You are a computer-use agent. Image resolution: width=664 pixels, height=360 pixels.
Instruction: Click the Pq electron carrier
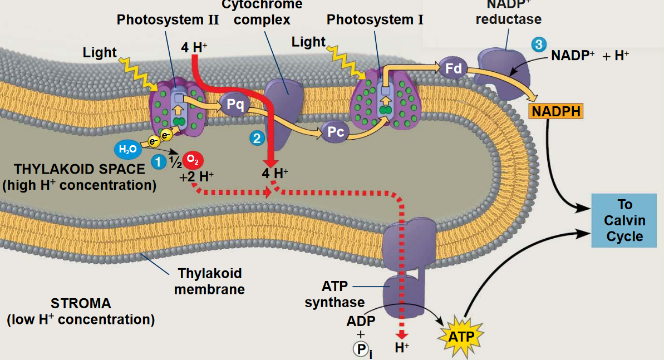point(235,104)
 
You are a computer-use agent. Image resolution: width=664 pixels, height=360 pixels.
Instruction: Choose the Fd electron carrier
point(453,68)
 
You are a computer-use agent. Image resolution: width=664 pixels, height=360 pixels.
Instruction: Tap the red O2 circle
point(191,160)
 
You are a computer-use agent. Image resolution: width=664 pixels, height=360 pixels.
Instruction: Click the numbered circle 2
point(256,139)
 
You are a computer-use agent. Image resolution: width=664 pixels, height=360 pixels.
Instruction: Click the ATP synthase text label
point(335,294)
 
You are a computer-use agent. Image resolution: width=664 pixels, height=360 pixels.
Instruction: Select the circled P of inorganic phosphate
point(359,349)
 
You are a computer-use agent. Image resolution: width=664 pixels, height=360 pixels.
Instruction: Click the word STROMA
point(81,304)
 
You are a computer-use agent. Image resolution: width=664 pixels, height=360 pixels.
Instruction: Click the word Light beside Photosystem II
point(100,53)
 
